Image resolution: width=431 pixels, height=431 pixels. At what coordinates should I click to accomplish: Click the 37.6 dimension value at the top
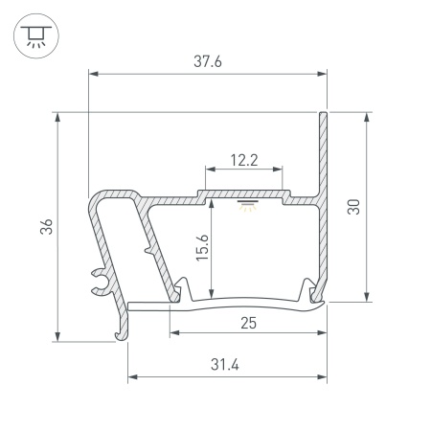(208, 61)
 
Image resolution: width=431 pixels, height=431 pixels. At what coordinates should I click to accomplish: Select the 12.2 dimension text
(244, 160)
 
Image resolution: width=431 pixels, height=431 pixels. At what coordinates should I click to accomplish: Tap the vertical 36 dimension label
(49, 226)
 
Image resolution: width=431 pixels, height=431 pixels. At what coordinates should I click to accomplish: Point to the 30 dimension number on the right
(353, 207)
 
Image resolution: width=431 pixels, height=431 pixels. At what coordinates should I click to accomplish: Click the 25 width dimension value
(248, 323)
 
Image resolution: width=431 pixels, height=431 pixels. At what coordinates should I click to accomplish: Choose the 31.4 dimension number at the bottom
(227, 364)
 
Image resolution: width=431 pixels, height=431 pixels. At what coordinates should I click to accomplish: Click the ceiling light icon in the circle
(34, 34)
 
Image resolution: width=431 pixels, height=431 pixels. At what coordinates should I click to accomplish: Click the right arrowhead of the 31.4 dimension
(322, 375)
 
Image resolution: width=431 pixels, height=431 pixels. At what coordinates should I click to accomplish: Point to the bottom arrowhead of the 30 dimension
(365, 296)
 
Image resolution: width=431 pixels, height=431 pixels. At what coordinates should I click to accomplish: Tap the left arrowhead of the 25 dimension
(174, 333)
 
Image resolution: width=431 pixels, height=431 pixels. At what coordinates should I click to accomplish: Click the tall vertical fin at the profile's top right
(324, 153)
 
